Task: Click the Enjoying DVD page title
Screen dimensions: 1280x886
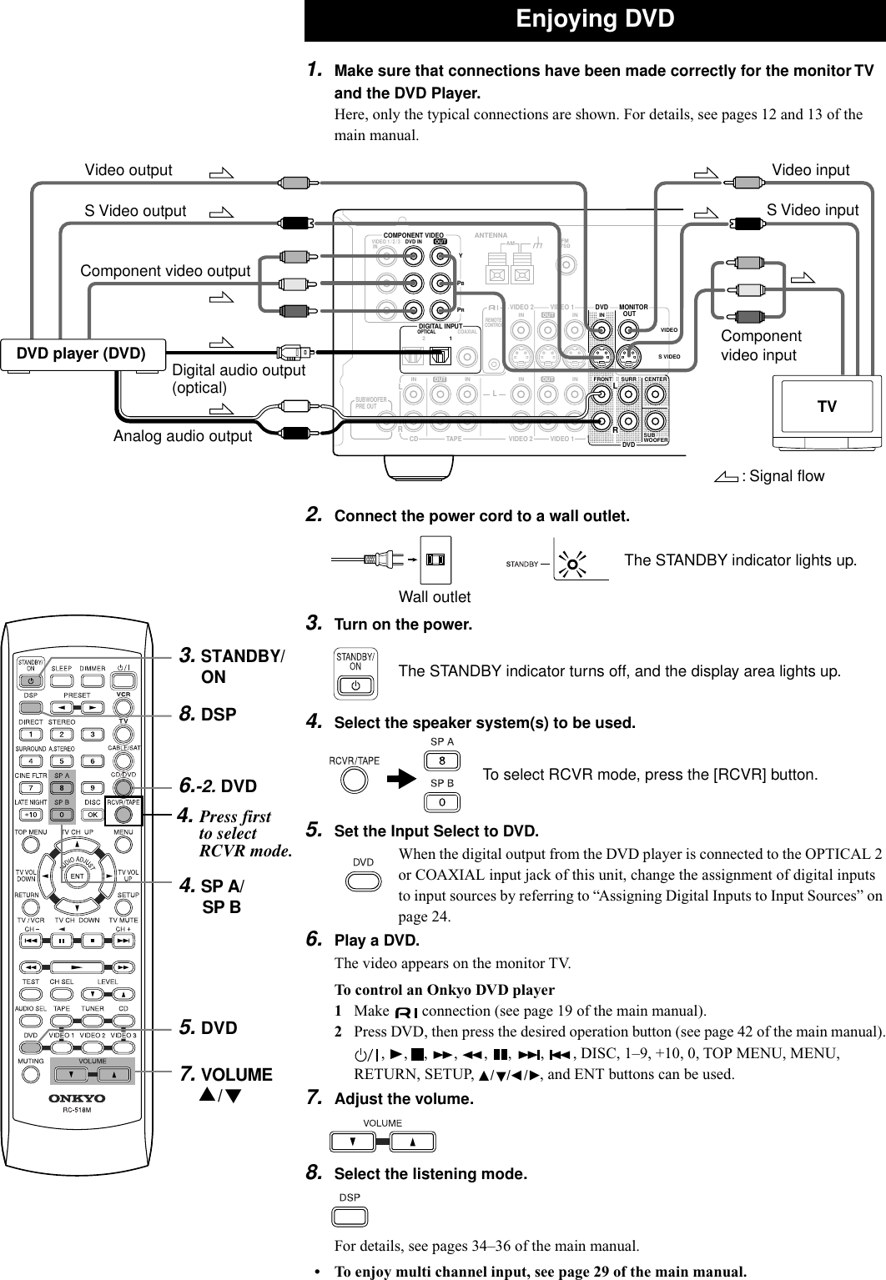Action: pyautogui.click(x=594, y=19)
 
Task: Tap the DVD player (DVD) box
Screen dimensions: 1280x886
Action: pyautogui.click(x=83, y=354)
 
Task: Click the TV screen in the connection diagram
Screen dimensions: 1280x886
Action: pyautogui.click(x=826, y=407)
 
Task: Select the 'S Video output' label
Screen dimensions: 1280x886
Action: pyautogui.click(x=135, y=211)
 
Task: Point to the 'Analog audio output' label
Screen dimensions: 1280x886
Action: pyautogui.click(x=183, y=436)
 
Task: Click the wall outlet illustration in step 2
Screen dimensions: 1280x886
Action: pyautogui.click(x=435, y=560)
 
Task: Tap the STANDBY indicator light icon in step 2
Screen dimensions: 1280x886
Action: pyautogui.click(x=571, y=565)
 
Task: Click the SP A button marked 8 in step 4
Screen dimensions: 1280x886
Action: pyautogui.click(x=441, y=761)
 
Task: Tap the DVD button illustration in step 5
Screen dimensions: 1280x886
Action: pyautogui.click(x=363, y=881)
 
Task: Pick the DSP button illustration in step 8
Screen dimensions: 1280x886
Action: pyautogui.click(x=350, y=1217)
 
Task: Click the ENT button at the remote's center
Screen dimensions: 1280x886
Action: pyautogui.click(x=77, y=876)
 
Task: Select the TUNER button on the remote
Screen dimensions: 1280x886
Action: pyautogui.click(x=92, y=1021)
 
